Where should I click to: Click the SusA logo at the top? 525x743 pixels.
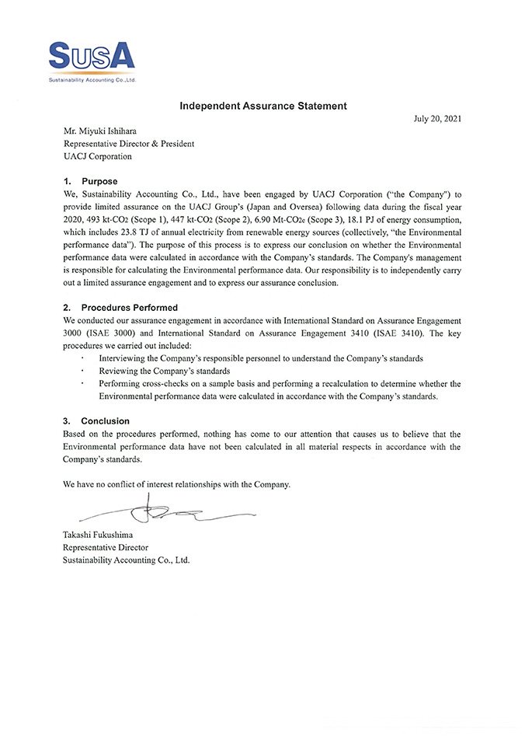point(92,58)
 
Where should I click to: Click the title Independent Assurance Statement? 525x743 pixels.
point(262,105)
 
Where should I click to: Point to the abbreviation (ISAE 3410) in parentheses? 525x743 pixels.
point(397,333)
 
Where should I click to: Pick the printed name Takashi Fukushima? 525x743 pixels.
point(103,535)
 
